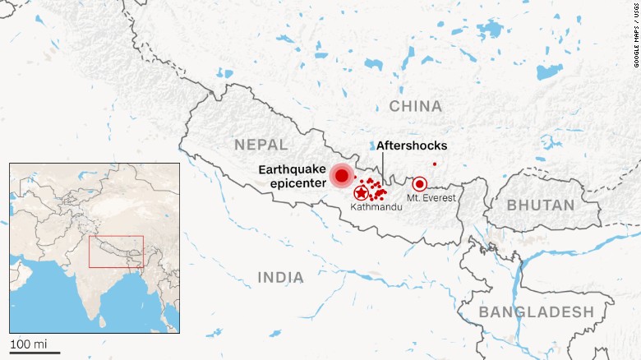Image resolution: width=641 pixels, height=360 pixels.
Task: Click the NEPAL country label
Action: tap(261, 145)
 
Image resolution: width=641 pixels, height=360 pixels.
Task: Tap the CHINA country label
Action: tap(415, 106)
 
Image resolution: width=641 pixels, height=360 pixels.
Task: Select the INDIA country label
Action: tap(280, 278)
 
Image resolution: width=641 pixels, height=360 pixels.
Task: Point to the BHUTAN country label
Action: tap(541, 205)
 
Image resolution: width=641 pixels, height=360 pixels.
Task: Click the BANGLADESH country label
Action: tap(535, 312)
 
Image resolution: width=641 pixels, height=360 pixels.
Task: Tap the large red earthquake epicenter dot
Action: tap(341, 175)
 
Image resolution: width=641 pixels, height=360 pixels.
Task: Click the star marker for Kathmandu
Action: tap(360, 193)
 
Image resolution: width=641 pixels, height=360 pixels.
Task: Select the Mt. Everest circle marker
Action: tap(419, 184)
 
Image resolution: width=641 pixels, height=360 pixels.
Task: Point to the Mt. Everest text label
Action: tap(431, 198)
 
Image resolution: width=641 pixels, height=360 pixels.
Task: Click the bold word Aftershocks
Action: tap(412, 145)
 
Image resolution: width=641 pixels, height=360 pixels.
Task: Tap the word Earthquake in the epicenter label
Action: tap(292, 168)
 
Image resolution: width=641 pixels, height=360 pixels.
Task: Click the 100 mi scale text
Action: tap(29, 343)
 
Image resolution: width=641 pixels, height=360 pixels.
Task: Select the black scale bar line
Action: tap(35, 353)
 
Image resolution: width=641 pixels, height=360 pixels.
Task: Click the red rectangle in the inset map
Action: tap(116, 252)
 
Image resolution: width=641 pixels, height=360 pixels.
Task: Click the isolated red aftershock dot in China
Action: tap(434, 164)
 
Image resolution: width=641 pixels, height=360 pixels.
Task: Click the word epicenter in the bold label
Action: tap(297, 183)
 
